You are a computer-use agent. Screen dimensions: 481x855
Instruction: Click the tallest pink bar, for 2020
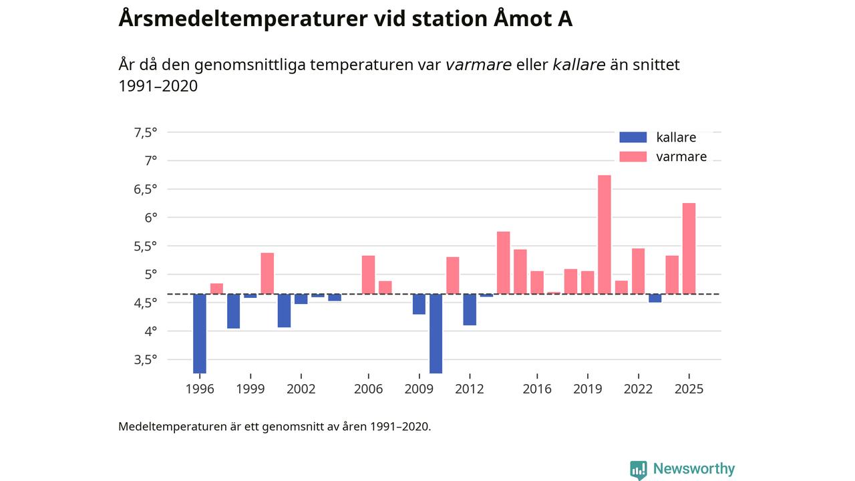pyautogui.click(x=604, y=234)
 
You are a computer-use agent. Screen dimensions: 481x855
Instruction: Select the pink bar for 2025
pyautogui.click(x=689, y=248)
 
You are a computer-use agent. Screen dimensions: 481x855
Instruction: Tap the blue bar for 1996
pyautogui.click(x=199, y=333)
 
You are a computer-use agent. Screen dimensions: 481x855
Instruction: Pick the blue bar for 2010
pyautogui.click(x=436, y=333)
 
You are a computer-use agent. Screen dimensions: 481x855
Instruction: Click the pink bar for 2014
pyautogui.click(x=503, y=263)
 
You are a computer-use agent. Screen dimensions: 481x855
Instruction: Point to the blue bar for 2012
pyautogui.click(x=470, y=309)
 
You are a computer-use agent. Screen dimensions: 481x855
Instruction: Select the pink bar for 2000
pyautogui.click(x=267, y=273)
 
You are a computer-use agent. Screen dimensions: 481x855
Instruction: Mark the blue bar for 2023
pyautogui.click(x=655, y=298)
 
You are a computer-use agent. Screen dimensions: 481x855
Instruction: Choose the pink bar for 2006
pyautogui.click(x=368, y=275)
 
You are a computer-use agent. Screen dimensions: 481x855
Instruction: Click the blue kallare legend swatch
pyautogui.click(x=633, y=138)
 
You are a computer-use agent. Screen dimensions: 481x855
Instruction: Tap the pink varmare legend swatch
pyautogui.click(x=633, y=157)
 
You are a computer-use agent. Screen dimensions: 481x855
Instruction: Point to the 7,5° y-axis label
pyautogui.click(x=146, y=132)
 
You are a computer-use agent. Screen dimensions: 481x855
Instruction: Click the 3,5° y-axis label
pyautogui.click(x=146, y=359)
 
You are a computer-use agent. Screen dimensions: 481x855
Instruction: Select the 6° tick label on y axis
pyautogui.click(x=150, y=217)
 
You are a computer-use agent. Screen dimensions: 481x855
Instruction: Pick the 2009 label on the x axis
pyautogui.click(x=419, y=389)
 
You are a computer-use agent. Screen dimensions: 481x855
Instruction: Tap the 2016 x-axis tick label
pyautogui.click(x=537, y=389)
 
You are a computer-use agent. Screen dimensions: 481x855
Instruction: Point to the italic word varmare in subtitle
pyautogui.click(x=478, y=65)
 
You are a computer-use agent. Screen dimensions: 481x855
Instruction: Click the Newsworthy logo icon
pyautogui.click(x=638, y=469)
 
